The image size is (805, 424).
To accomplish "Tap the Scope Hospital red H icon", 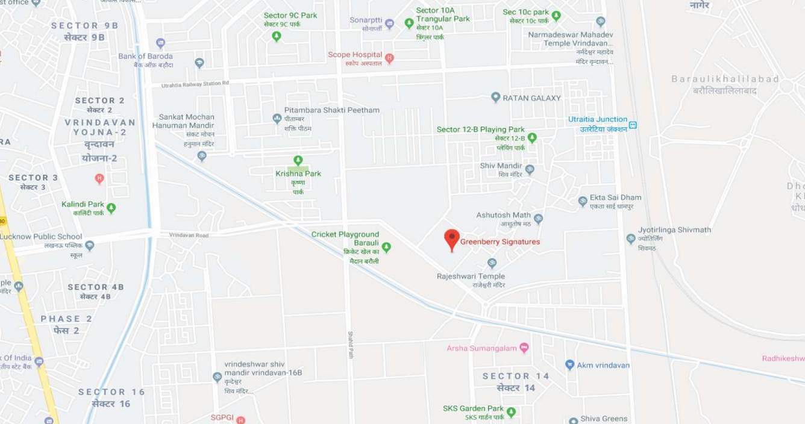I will tap(389, 58).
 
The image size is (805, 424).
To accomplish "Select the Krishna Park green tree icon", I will tap(298, 161).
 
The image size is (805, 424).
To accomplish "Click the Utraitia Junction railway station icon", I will tap(633, 125).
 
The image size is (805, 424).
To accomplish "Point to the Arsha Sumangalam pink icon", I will tap(524, 348).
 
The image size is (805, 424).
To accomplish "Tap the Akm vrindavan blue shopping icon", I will tap(569, 364).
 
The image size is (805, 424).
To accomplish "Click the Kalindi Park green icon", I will tap(111, 208).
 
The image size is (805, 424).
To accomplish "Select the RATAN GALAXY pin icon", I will tap(495, 97).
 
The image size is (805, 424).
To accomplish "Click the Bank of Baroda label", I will tap(145, 57).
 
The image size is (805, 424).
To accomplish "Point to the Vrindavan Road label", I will tap(189, 235).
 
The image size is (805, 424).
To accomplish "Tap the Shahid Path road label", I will tap(350, 344).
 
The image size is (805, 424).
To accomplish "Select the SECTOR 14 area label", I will tap(516, 376).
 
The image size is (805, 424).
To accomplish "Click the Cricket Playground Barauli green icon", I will tap(386, 247).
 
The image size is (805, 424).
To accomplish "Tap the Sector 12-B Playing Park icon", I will tap(531, 138).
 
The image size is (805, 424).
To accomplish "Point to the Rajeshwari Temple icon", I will tap(492, 263).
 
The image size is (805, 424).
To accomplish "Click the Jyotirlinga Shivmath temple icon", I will tap(631, 238).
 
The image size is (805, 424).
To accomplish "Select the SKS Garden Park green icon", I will tap(511, 412).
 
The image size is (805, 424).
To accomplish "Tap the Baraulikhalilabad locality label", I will tap(725, 79).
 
